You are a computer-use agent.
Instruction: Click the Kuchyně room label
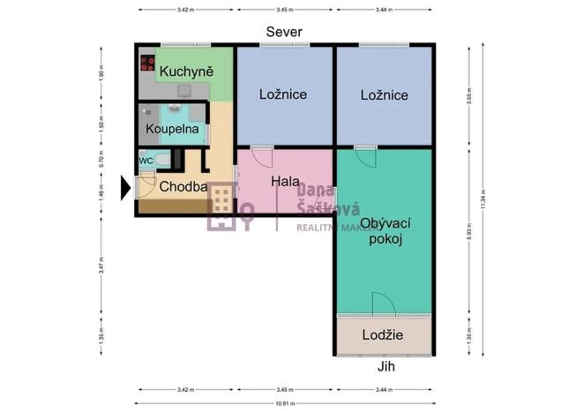click(x=183, y=68)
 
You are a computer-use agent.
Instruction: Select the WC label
click(x=146, y=161)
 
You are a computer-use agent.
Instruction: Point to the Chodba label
click(x=183, y=187)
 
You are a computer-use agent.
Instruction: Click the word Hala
click(x=283, y=181)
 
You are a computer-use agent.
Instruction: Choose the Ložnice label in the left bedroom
click(x=282, y=94)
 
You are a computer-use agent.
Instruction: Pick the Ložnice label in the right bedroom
click(x=384, y=94)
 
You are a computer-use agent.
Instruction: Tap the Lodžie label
click(x=383, y=334)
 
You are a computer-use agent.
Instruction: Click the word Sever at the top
click(x=285, y=32)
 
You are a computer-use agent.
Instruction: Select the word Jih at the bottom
click(x=382, y=366)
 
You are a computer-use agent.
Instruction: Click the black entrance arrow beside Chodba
click(x=124, y=187)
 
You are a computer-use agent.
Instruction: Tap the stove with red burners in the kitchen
click(x=147, y=64)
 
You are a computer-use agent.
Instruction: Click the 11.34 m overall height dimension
click(x=483, y=199)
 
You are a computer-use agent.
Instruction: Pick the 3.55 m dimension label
click(x=470, y=95)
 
